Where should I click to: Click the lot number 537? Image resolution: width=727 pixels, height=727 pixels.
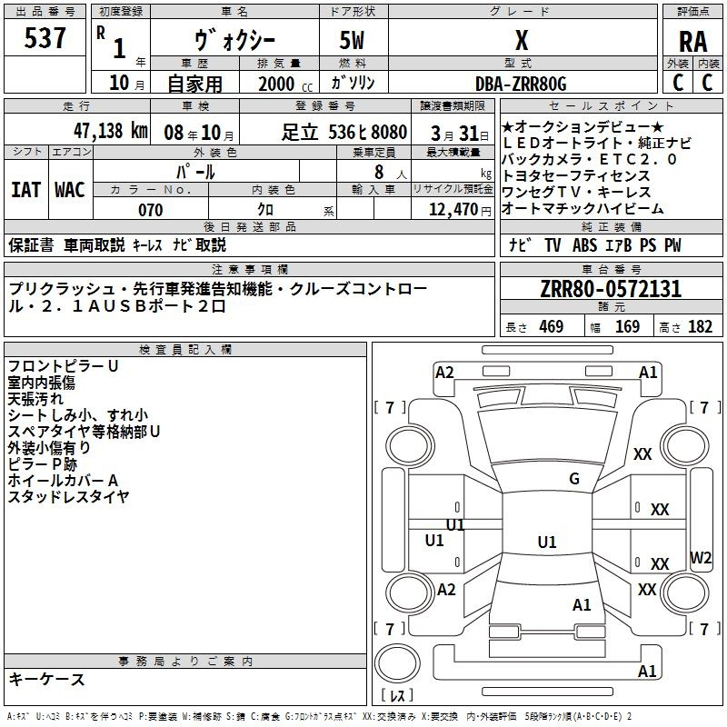(x=45, y=38)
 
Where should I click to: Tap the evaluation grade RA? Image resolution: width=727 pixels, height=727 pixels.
(x=692, y=42)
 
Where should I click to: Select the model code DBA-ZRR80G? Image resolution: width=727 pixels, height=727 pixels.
(x=521, y=84)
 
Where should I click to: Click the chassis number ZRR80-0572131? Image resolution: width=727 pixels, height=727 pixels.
(x=611, y=289)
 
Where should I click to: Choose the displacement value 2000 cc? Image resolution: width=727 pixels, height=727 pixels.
(x=278, y=84)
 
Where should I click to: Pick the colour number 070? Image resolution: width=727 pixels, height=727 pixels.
(x=150, y=210)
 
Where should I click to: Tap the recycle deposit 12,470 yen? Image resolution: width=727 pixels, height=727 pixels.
(x=452, y=210)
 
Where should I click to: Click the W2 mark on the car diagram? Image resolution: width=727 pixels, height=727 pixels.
(x=701, y=557)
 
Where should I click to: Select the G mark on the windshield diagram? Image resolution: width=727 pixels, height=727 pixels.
(x=574, y=479)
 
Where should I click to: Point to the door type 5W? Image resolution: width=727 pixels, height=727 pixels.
(x=354, y=42)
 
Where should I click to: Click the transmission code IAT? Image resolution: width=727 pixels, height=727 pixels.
(x=26, y=190)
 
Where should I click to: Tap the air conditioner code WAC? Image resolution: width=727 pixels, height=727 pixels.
(x=70, y=190)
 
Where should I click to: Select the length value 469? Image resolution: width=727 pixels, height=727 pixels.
(x=551, y=327)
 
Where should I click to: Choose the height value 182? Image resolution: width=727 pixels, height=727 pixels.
(x=701, y=327)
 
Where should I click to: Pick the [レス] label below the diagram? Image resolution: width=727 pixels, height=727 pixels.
(x=396, y=697)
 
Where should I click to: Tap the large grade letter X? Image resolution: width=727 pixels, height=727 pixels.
(x=521, y=40)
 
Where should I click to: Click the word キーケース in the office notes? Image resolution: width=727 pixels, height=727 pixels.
(x=46, y=680)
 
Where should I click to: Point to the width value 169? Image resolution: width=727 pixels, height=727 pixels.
(x=627, y=327)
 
